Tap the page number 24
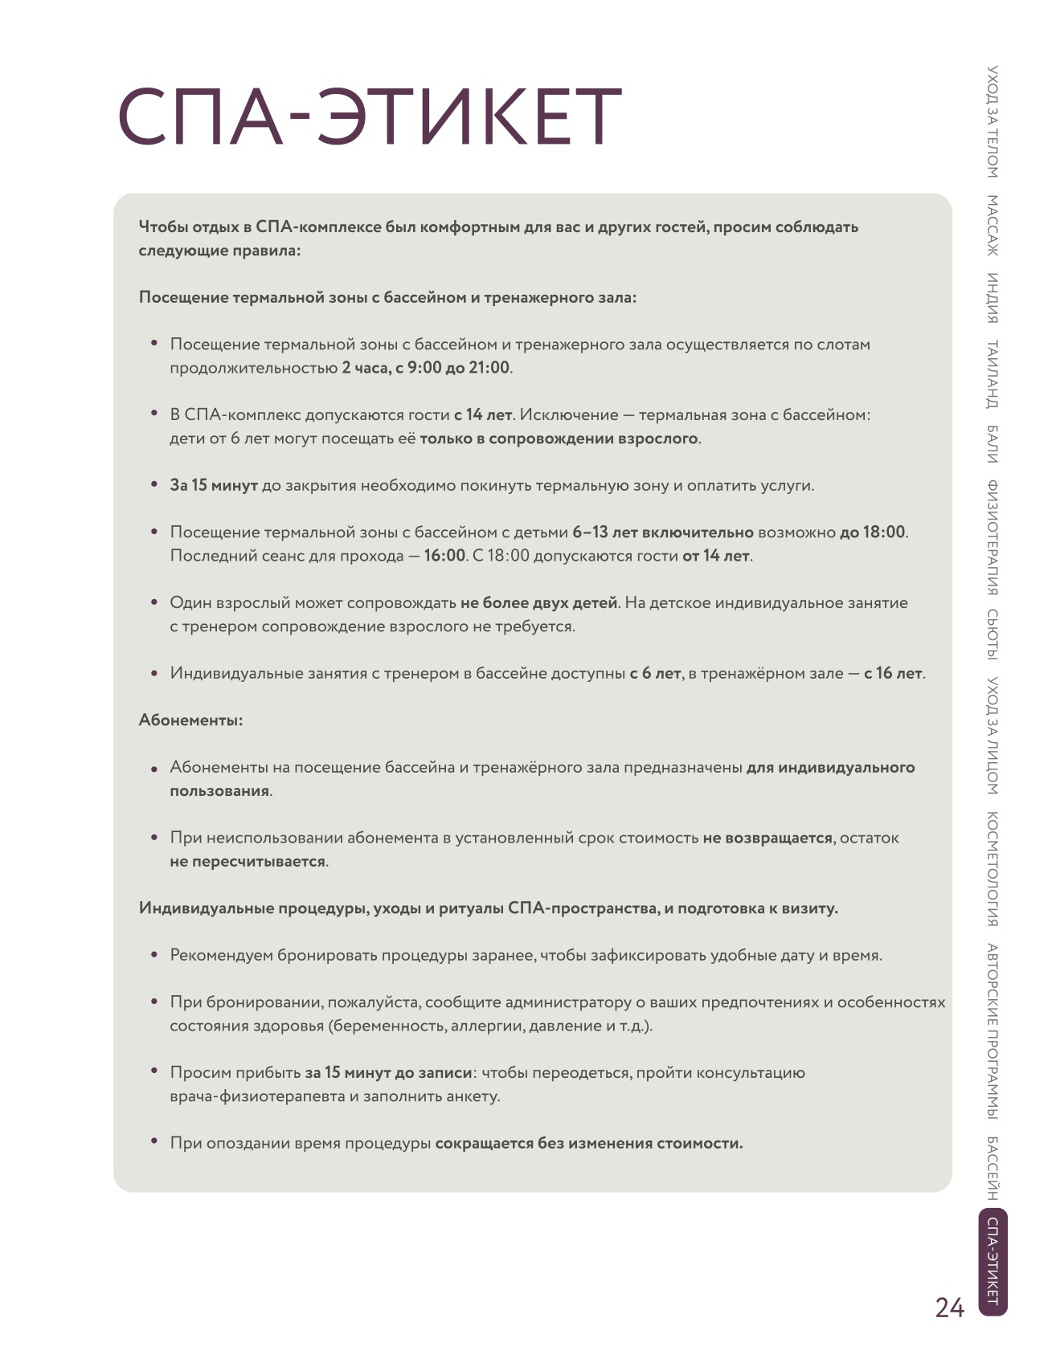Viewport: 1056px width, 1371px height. pyautogui.click(x=949, y=1308)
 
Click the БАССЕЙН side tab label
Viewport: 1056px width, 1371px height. pyautogui.click(x=993, y=1168)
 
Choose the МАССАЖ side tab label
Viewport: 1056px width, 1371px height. pyautogui.click(x=993, y=226)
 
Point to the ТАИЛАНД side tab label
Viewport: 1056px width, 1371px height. pyautogui.click(x=993, y=374)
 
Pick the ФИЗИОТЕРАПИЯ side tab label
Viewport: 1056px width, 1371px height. pyautogui.click(x=993, y=537)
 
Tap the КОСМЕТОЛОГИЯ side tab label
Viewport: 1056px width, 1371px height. pyautogui.click(x=993, y=869)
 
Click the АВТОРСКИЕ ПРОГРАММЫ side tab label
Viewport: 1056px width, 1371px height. pyautogui.click(x=993, y=1031)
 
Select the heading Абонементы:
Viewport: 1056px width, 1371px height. pyautogui.click(x=190, y=720)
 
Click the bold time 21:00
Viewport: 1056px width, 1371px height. pyautogui.click(x=489, y=368)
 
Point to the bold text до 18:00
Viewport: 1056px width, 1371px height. pyautogui.click(x=873, y=532)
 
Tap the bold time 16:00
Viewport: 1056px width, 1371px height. pyautogui.click(x=444, y=556)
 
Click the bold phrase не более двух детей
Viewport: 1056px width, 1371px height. pyautogui.click(x=538, y=603)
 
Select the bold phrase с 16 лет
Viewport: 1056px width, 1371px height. pyautogui.click(x=894, y=674)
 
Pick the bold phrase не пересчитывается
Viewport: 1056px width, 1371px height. pyautogui.click(x=248, y=862)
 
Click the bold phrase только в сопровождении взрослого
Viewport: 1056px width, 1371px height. pyautogui.click(x=559, y=439)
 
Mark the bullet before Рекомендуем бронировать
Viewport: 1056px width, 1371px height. pyautogui.click(x=154, y=955)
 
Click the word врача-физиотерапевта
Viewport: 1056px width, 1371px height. pyautogui.click(x=257, y=1096)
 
